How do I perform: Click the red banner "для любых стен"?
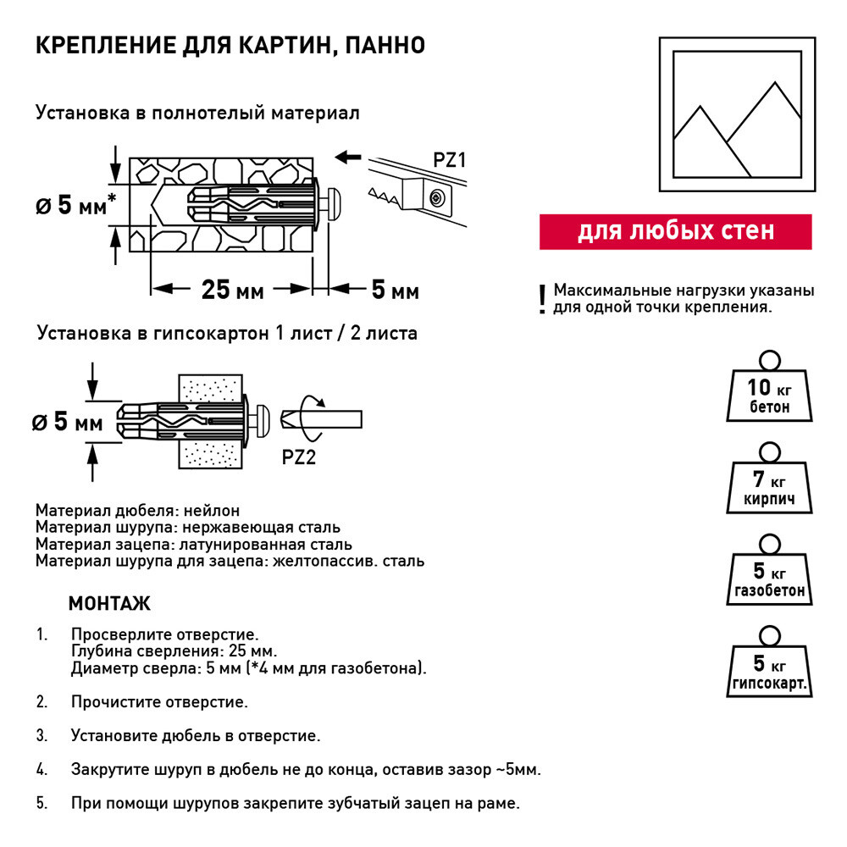(x=675, y=231)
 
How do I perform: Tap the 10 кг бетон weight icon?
(x=770, y=393)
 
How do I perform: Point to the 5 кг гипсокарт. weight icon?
(x=770, y=670)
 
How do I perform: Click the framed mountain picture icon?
(x=737, y=115)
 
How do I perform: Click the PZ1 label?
(x=449, y=160)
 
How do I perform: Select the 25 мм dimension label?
(x=232, y=291)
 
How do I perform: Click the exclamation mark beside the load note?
(x=543, y=300)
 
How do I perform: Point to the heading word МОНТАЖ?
(x=109, y=604)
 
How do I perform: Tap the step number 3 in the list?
(x=42, y=735)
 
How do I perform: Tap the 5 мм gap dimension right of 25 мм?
(x=395, y=291)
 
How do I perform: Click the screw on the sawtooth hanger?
(x=435, y=197)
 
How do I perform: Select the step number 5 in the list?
(x=42, y=803)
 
